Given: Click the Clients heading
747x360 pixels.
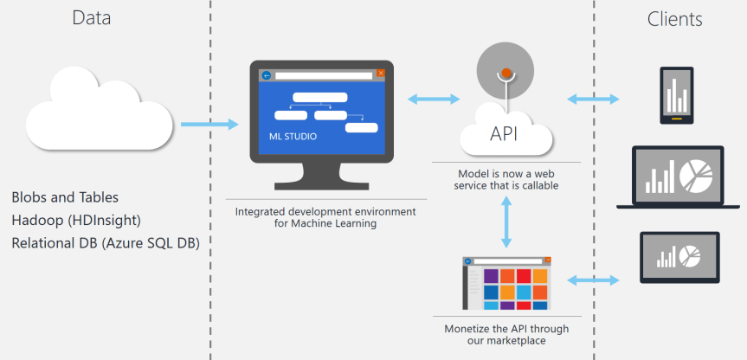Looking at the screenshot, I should tap(674, 19).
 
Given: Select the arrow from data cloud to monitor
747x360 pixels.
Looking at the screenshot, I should tap(209, 125).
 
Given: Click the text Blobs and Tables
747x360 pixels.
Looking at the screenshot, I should tap(66, 197).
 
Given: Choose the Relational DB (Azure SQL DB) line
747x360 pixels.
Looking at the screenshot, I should tap(106, 243).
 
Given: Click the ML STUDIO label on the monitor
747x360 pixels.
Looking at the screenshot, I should tap(293, 137).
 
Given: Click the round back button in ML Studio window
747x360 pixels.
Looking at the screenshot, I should tap(267, 75).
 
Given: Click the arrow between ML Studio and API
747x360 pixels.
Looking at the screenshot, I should tap(435, 99).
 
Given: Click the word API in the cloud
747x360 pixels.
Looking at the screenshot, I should tap(506, 133).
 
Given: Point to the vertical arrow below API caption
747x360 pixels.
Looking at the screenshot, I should tap(506, 223).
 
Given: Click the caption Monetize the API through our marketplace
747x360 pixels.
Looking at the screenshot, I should tap(506, 334).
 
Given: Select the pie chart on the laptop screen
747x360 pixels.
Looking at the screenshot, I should tap(696, 176).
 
